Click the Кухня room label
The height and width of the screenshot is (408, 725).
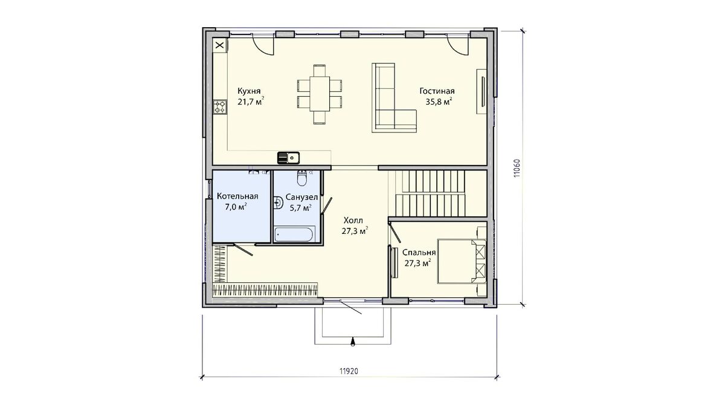click(249, 91)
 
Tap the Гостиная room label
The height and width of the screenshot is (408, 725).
click(437, 91)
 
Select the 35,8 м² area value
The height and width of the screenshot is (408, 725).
click(439, 102)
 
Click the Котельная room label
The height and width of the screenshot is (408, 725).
click(237, 196)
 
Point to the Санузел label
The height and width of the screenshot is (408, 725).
click(301, 197)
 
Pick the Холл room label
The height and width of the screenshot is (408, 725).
click(353, 221)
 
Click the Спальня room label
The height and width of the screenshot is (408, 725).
click(419, 252)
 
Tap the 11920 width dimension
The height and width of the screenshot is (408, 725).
click(349, 371)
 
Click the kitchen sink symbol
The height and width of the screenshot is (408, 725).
click(288, 158)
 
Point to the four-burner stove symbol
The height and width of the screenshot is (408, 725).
click(220, 107)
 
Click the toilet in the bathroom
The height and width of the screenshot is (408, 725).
click(301, 178)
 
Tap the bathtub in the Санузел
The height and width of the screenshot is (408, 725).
click(294, 235)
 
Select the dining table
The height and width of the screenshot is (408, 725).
click(320, 94)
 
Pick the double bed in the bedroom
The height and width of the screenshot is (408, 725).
click(462, 261)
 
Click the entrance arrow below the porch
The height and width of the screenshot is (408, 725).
click(353, 342)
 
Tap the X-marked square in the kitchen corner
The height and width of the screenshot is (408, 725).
click(220, 45)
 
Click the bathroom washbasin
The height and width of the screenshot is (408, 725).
click(278, 202)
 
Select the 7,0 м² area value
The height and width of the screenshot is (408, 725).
click(236, 207)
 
